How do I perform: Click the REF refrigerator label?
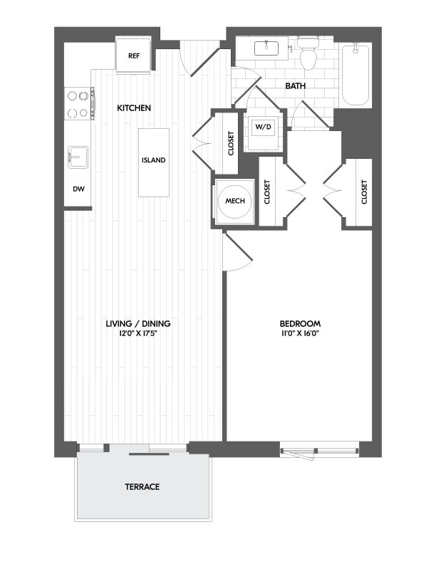[x=133, y=56]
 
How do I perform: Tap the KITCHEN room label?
[x=134, y=108]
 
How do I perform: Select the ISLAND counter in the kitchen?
[x=154, y=161]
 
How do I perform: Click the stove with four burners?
[x=79, y=103]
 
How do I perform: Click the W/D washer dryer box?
[x=264, y=127]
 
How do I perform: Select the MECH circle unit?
[x=235, y=201]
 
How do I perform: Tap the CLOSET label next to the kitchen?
[x=231, y=143]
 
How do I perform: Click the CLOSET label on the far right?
[x=364, y=192]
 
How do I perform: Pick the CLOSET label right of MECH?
[x=268, y=192]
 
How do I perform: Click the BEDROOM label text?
[x=300, y=323]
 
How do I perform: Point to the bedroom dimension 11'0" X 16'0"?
[x=300, y=333]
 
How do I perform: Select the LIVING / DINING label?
[x=137, y=323]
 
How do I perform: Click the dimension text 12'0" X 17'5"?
[x=137, y=333]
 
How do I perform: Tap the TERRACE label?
[x=142, y=487]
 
